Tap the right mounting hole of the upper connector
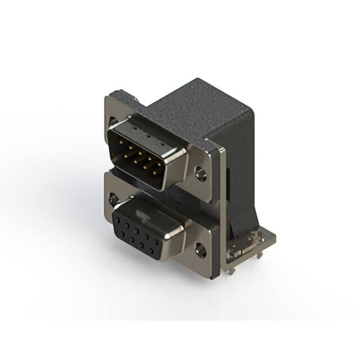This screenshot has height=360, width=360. pos(201,172)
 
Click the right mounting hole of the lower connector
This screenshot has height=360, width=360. pos(200,248)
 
